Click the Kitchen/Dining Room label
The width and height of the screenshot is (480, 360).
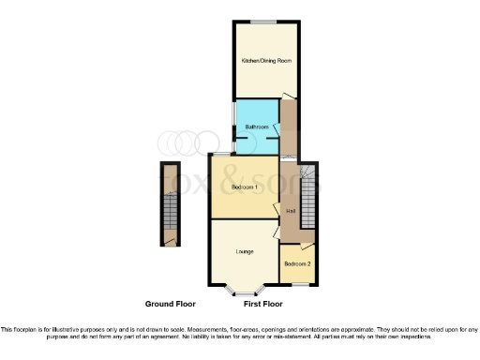(266, 60)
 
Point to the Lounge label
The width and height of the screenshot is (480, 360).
(245, 251)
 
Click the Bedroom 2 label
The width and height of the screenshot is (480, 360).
(297, 264)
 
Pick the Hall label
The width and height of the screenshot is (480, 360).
(291, 210)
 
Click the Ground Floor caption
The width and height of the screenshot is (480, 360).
(172, 305)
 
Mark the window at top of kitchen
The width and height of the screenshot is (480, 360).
(268, 20)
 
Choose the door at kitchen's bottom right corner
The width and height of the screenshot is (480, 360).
(290, 97)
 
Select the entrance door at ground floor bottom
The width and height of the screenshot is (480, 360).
(169, 242)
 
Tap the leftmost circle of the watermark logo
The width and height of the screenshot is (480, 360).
(167, 142)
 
